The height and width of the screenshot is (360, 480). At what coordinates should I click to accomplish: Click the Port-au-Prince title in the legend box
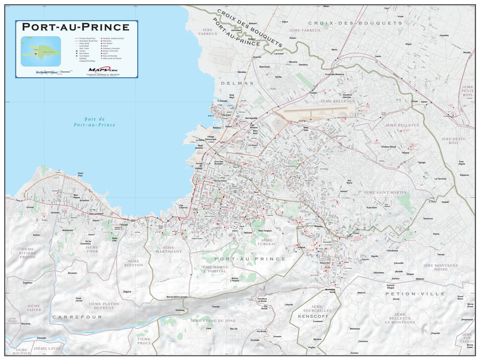(76, 27)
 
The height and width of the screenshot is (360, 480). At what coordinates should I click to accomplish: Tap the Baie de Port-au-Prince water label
(94, 122)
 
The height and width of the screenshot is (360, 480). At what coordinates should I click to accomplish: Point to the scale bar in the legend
(54, 72)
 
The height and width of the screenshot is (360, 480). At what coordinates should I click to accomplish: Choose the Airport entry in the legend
(83, 51)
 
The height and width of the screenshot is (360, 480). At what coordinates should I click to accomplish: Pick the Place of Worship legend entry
(110, 56)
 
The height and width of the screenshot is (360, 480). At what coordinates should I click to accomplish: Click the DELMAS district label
(237, 83)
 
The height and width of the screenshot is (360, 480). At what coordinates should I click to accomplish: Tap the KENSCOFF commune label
(313, 316)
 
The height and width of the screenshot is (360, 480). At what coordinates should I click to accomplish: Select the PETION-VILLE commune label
(415, 294)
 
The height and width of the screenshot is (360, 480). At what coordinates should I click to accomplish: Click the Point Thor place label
(80, 175)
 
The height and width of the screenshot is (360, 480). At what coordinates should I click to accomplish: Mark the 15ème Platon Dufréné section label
(104, 306)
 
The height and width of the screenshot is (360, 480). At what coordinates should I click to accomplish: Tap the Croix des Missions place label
(334, 74)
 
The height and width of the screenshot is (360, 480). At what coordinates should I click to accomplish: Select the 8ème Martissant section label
(169, 250)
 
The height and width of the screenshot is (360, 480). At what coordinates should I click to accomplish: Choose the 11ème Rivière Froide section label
(28, 253)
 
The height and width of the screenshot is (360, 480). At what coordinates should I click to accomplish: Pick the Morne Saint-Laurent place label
(177, 297)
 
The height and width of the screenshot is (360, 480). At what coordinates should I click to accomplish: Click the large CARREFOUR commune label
(77, 317)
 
